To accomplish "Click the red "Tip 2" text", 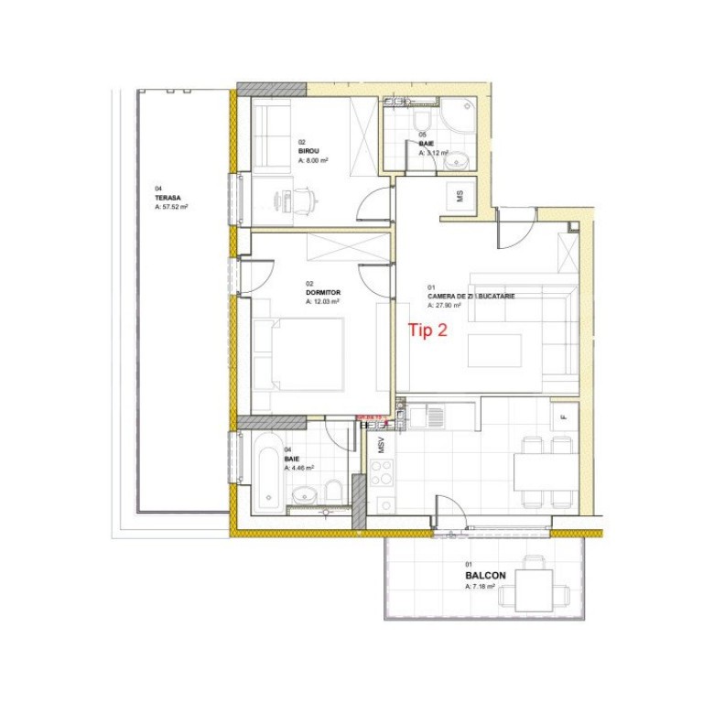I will tap(427, 331).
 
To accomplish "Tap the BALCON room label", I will tap(484, 576).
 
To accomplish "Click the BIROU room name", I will tap(308, 151).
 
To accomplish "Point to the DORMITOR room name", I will tap(322, 292).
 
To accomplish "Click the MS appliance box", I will tap(460, 197).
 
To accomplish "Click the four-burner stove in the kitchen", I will tap(381, 475).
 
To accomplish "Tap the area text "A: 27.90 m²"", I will tap(443, 306).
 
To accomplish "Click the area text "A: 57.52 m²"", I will tap(171, 208).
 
